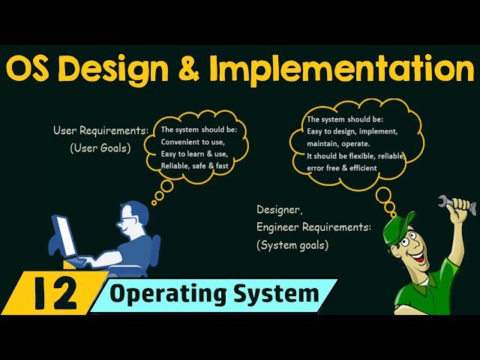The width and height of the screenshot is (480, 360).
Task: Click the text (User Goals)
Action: point(100,148)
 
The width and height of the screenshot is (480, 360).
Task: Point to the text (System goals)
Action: point(292,244)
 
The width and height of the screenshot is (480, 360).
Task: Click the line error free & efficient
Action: point(341,169)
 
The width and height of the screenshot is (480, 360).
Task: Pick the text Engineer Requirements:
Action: point(313,226)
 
